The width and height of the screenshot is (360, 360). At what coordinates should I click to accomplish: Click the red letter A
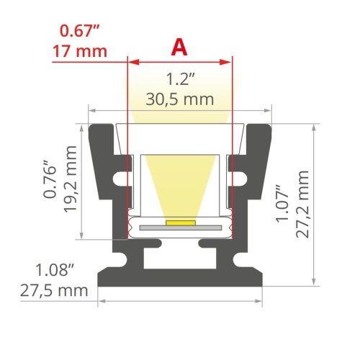(x=179, y=48)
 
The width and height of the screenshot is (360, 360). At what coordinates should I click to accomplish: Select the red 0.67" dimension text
(x=80, y=31)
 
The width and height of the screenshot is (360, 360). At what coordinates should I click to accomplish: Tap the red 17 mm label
(x=80, y=51)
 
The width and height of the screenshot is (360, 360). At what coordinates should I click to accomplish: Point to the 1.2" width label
(x=179, y=79)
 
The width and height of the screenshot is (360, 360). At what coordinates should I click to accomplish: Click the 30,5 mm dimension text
(x=179, y=99)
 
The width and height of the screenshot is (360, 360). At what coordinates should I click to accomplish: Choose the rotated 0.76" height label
(x=50, y=179)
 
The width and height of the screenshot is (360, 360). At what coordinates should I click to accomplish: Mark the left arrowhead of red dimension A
(x=130, y=61)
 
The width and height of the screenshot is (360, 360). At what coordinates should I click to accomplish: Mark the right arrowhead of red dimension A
(x=230, y=61)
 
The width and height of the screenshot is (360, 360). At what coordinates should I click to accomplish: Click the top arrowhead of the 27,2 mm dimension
(x=314, y=127)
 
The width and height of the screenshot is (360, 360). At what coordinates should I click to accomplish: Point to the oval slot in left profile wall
(x=118, y=176)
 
